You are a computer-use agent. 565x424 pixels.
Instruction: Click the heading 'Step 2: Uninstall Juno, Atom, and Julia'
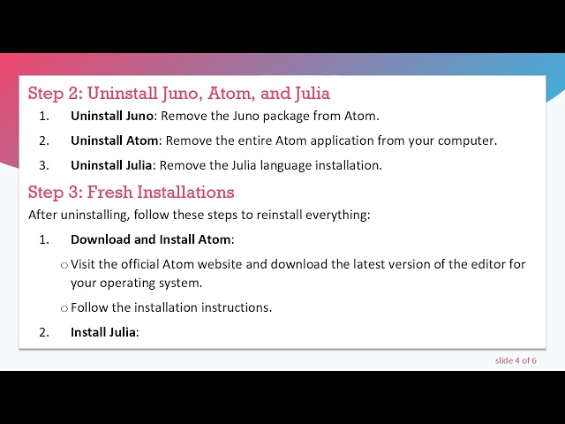(x=179, y=93)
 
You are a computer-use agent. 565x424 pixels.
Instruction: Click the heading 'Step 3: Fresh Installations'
(x=132, y=192)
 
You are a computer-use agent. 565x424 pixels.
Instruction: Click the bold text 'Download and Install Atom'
(x=151, y=239)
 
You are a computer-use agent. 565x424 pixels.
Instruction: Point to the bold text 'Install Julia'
(x=103, y=332)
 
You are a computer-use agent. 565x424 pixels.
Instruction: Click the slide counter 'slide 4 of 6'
(x=516, y=360)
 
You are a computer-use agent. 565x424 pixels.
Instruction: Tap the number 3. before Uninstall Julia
(x=44, y=165)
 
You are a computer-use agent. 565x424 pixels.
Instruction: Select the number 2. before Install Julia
(x=44, y=332)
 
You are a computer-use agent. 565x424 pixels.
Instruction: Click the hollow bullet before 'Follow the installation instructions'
(x=64, y=308)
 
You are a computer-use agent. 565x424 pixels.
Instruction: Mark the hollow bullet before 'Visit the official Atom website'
(x=64, y=265)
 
